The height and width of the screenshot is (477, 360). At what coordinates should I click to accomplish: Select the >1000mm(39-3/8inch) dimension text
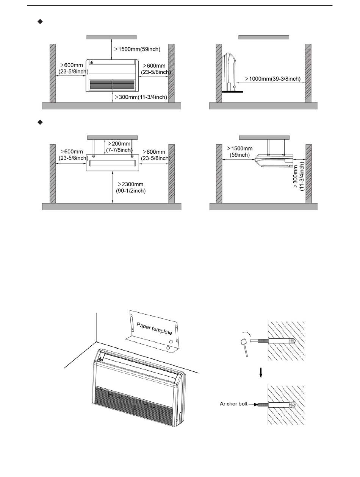point(273,79)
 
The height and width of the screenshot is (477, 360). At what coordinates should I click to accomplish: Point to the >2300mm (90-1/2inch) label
point(131,188)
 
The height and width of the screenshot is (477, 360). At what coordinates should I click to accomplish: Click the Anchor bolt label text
point(233,404)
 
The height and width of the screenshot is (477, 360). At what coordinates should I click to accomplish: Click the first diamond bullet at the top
point(39,22)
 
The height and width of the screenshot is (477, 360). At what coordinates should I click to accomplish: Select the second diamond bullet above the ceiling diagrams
point(39,122)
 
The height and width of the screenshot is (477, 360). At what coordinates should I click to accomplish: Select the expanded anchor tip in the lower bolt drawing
point(293,405)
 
